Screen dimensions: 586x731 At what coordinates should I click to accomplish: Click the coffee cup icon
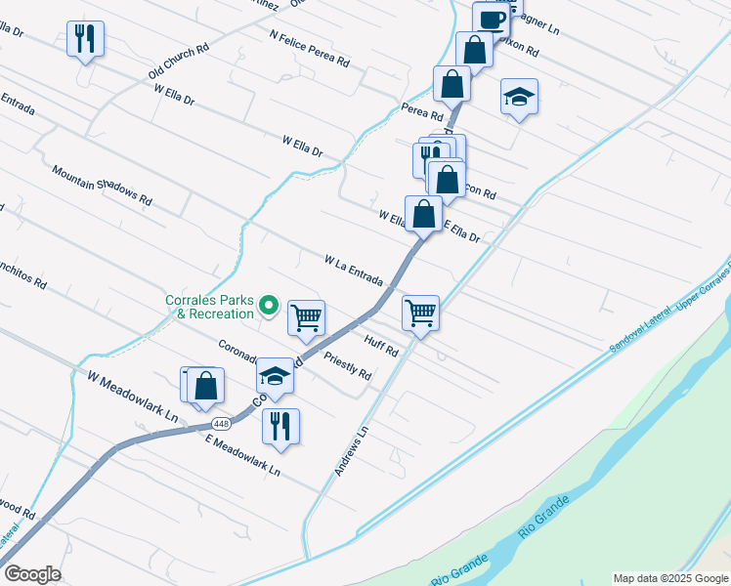click(492, 19)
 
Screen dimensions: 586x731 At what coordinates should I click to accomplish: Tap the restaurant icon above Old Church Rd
click(85, 39)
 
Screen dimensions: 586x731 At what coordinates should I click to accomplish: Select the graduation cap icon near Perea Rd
click(519, 97)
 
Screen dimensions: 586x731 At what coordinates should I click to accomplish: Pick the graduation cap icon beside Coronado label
click(276, 375)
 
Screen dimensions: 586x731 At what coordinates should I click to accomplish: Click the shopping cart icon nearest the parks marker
click(307, 317)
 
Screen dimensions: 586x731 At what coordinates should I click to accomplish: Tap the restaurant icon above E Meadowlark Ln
click(280, 426)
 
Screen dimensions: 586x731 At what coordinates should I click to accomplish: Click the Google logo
click(32, 573)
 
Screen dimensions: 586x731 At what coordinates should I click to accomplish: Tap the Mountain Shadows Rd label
click(103, 185)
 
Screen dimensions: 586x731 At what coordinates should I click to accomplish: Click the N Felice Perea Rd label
click(310, 47)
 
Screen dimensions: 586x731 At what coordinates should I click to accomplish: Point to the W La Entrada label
click(354, 271)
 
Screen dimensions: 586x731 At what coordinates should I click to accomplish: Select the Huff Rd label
click(381, 346)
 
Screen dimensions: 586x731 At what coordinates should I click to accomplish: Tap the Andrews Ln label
click(352, 450)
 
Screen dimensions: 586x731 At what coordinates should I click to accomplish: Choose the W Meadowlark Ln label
click(133, 395)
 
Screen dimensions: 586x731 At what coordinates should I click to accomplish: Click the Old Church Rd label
click(179, 61)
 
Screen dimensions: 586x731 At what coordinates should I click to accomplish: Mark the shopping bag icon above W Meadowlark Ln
click(205, 386)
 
